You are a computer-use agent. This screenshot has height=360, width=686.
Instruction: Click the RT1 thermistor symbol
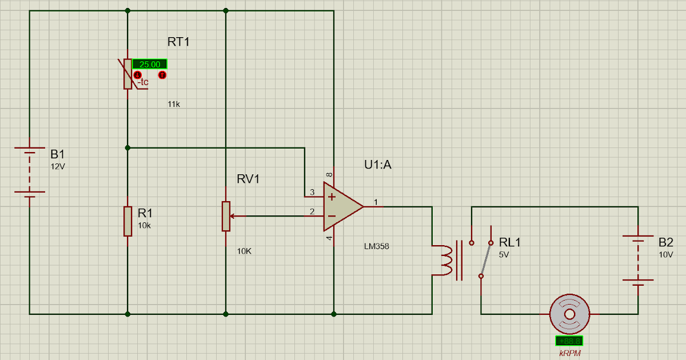pyautogui.click(x=127, y=74)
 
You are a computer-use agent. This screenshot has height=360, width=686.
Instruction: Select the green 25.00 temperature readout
pyautogui.click(x=150, y=65)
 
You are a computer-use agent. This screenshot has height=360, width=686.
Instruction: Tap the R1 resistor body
pyautogui.click(x=127, y=221)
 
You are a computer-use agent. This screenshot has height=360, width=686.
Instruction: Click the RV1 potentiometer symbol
pyautogui.click(x=226, y=216)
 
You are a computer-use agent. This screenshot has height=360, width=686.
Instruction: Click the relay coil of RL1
pyautogui.click(x=444, y=260)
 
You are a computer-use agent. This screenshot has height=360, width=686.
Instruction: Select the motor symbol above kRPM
pyautogui.click(x=569, y=314)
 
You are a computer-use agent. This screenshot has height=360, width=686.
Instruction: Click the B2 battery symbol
pyautogui.click(x=638, y=259)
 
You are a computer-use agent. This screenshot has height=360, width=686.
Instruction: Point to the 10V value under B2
pyautogui.click(x=666, y=254)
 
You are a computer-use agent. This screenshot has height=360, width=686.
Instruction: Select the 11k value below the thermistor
pyautogui.click(x=174, y=105)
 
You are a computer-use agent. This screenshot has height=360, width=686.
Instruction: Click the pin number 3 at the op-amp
pyautogui.click(x=312, y=193)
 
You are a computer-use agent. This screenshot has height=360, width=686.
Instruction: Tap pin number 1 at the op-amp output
pyautogui.click(x=376, y=202)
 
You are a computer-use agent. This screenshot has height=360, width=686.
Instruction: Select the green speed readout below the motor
pyautogui.click(x=569, y=341)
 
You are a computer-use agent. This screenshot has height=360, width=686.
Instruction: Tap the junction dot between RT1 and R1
pyautogui.click(x=127, y=148)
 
